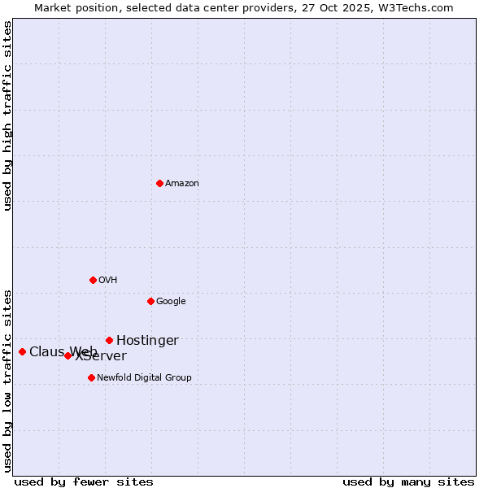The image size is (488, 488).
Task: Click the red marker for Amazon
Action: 159,183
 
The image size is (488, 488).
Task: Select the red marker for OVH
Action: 93,280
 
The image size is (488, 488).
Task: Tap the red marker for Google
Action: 150,301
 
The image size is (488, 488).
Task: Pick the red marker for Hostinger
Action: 109,340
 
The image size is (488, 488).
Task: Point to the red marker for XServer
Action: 68,355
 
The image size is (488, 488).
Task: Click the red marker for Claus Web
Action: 22,351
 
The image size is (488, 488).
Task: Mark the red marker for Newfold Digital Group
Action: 91,377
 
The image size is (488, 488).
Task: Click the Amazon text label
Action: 182,184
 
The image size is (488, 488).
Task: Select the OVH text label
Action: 108,281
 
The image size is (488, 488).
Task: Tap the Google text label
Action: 171,302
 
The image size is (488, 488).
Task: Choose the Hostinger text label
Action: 147,341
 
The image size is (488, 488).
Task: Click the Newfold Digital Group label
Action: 144,378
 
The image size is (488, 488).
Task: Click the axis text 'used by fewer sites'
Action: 84,481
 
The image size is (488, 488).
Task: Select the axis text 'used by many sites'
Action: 408,481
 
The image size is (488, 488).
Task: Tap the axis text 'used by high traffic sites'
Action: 7,115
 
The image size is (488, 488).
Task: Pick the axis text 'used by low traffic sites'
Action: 7,380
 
